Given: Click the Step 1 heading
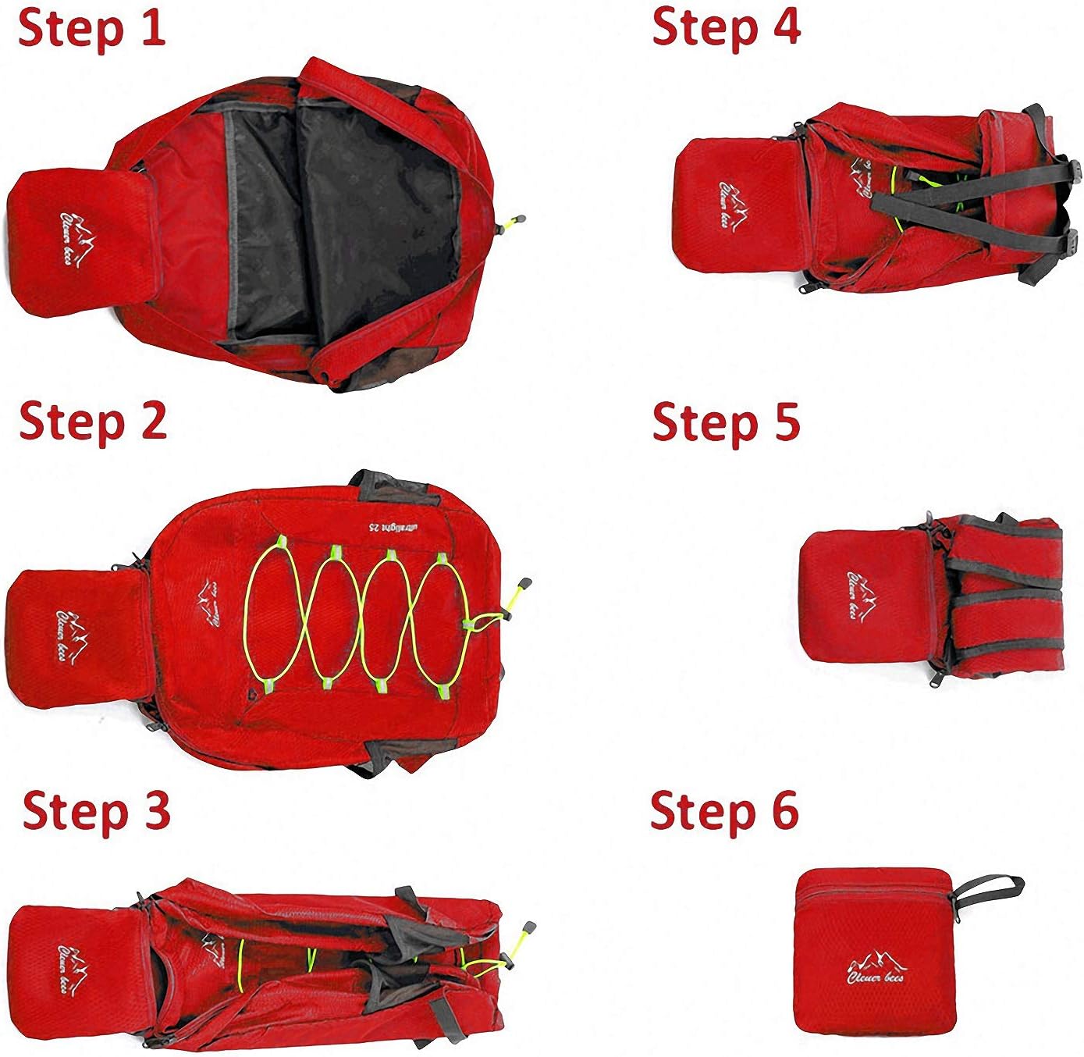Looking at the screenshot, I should pyautogui.click(x=91, y=30).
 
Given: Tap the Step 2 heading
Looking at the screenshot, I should pyautogui.click(x=93, y=422).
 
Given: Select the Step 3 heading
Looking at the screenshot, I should pyautogui.click(x=96, y=812).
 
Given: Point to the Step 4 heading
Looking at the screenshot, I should pyautogui.click(x=726, y=27).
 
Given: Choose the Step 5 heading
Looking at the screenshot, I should pyautogui.click(x=726, y=422).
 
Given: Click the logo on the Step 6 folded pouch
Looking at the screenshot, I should pyautogui.click(x=875, y=968).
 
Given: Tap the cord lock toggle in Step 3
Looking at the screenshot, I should pyautogui.click(x=528, y=931).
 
